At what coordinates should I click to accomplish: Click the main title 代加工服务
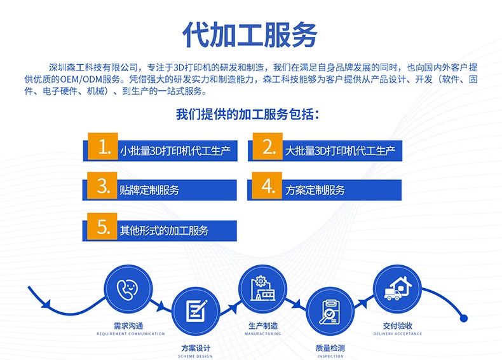coord(250,34)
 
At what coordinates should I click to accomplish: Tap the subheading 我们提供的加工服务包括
coord(247,114)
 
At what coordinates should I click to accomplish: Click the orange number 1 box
coord(103,146)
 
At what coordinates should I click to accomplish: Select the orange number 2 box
coord(268,146)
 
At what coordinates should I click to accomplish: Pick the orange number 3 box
coord(102,186)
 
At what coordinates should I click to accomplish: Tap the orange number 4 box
coord(267,186)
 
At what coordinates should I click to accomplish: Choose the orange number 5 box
coord(102,226)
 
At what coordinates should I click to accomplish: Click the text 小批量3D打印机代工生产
coord(175,151)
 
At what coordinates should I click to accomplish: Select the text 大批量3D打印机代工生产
coord(341,151)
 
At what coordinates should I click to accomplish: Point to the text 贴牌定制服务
coord(149,190)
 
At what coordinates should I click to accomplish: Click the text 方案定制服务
coord(315,190)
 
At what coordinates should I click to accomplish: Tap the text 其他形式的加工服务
coord(164,230)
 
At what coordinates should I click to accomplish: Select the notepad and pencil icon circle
coord(196,311)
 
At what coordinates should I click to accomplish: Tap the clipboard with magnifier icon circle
coord(330,311)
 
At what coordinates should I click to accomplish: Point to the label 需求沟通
coord(128,326)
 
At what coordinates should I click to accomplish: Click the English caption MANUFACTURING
coord(263,334)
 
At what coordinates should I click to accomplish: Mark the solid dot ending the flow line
coord(464,318)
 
